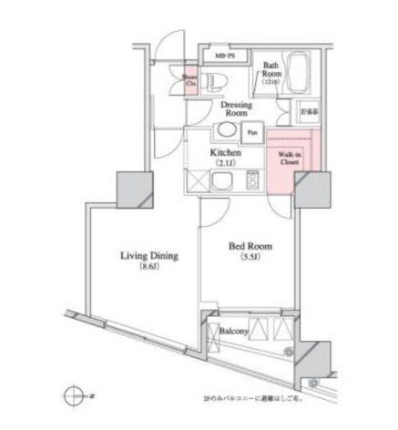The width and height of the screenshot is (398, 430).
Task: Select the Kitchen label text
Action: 225,153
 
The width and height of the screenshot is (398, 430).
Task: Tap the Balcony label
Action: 235,333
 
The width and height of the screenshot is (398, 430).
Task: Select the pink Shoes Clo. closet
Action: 189,80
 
